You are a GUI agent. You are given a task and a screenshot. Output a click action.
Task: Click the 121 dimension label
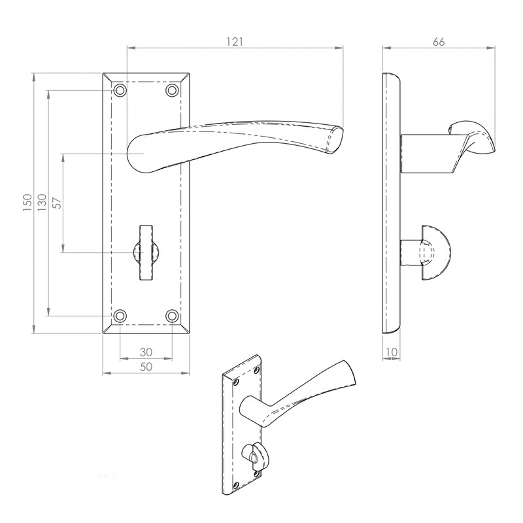pyautogui.click(x=235, y=41)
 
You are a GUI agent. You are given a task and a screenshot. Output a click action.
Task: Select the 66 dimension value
pyautogui.click(x=439, y=41)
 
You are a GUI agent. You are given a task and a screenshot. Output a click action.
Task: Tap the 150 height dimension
pyautogui.click(x=27, y=204)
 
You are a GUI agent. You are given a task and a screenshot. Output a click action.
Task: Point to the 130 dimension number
pyautogui.click(x=42, y=203)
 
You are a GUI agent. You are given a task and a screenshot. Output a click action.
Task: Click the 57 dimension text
pyautogui.click(x=57, y=203)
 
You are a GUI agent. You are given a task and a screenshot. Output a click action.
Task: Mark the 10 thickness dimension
pyautogui.click(x=392, y=352)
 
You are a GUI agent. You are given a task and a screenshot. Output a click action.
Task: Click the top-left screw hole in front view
pyautogui.click(x=120, y=90)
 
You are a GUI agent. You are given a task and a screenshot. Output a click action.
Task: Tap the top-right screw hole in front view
pyautogui.click(x=172, y=90)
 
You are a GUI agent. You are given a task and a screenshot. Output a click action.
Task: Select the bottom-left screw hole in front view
pyautogui.click(x=120, y=316)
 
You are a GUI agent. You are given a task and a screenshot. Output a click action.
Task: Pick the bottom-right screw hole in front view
pyautogui.click(x=172, y=316)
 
